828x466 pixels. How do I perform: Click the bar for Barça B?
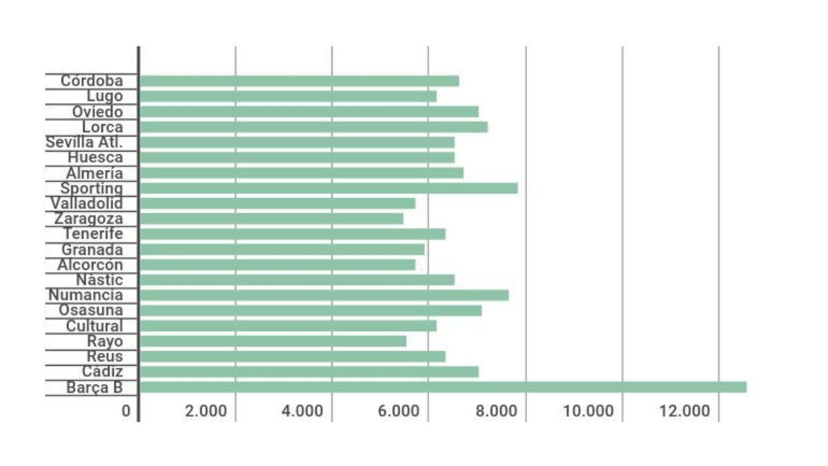(442, 387)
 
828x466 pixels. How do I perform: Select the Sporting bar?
(328, 188)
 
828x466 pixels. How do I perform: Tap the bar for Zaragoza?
(271, 219)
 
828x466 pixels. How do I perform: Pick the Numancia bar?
(324, 295)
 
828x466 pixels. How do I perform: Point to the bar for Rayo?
(273, 341)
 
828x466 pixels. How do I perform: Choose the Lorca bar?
(313, 127)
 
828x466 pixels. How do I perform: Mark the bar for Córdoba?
(299, 81)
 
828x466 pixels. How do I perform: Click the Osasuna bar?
(310, 311)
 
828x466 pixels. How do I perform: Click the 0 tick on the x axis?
(126, 411)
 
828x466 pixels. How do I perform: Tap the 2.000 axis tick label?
(206, 411)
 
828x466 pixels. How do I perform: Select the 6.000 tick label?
(399, 411)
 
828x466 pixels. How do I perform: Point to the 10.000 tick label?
(588, 411)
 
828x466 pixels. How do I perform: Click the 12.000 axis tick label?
(684, 411)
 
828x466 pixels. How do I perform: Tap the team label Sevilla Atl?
(84, 143)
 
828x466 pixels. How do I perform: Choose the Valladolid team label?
(86, 204)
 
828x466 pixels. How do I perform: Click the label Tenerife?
(93, 234)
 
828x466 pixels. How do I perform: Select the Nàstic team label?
(100, 280)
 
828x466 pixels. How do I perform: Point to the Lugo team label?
(105, 97)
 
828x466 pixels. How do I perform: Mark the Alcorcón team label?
(90, 265)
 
